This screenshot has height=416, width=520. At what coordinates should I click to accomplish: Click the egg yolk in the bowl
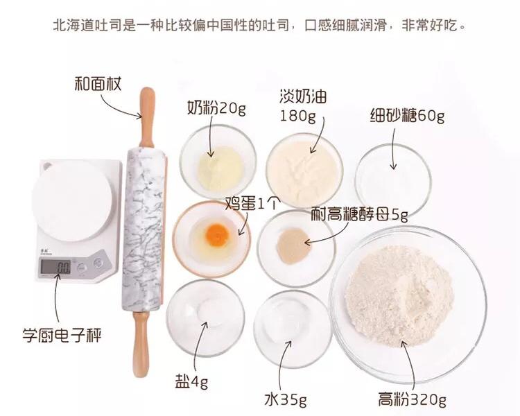click(218, 235)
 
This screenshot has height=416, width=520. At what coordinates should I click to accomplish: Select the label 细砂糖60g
click(407, 116)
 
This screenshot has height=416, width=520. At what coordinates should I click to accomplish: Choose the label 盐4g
click(191, 381)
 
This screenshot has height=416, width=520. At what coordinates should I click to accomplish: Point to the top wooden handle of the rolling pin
click(146, 114)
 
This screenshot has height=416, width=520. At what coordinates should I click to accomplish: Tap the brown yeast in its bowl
click(292, 243)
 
